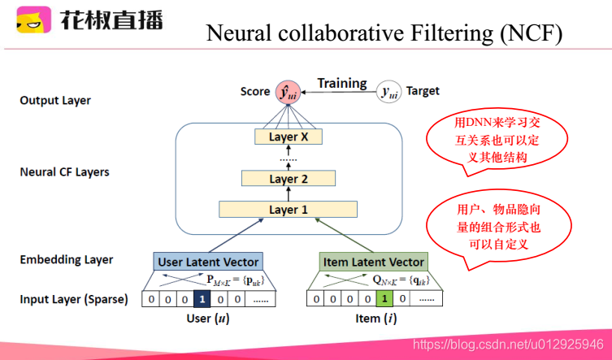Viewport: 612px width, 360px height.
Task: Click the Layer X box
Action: coord(289,137)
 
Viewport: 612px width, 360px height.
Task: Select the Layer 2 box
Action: coord(289,178)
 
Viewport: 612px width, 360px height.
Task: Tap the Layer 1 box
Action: coord(289,210)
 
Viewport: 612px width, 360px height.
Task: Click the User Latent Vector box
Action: coord(208,262)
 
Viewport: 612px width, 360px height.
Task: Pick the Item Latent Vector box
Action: coord(373,262)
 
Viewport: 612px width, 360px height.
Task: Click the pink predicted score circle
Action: coord(286,92)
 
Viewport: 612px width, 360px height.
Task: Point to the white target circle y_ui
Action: coord(390,93)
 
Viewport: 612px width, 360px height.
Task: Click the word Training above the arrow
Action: coord(341,83)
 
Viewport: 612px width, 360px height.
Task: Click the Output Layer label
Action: coord(55,101)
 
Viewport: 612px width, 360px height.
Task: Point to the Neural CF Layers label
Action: coord(64,172)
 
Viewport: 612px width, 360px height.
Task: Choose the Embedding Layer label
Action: coord(67,260)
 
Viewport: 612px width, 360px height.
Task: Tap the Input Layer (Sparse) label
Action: coord(74,299)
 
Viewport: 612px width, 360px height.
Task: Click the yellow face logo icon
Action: coord(33,21)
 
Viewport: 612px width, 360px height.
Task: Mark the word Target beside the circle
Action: coord(423,91)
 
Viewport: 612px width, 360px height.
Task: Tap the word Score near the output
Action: coord(255,91)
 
